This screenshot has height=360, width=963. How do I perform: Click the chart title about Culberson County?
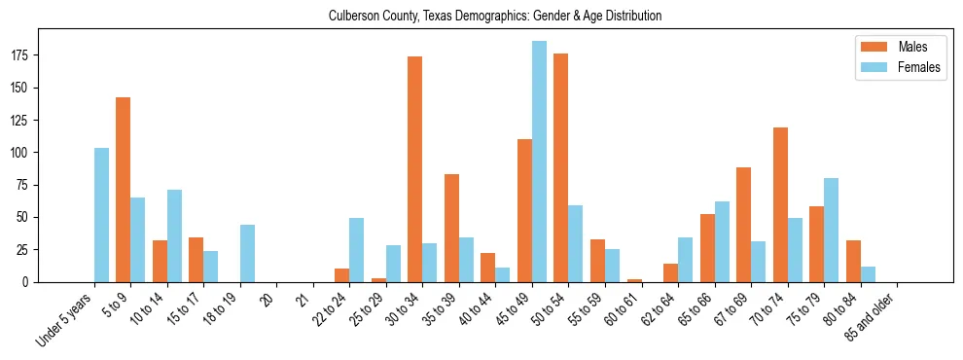tap(495, 16)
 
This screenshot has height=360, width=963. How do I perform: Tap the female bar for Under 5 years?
tap(101, 215)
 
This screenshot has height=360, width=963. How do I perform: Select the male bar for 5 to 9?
tap(124, 190)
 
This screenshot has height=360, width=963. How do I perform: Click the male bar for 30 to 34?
tap(415, 169)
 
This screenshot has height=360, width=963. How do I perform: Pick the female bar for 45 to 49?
tap(539, 162)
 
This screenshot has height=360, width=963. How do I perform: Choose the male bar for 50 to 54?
tap(561, 167)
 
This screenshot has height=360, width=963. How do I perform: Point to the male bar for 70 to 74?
tap(780, 204)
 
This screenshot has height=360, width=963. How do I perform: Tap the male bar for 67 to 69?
tap(743, 225)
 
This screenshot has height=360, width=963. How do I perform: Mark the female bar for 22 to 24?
tap(357, 250)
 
